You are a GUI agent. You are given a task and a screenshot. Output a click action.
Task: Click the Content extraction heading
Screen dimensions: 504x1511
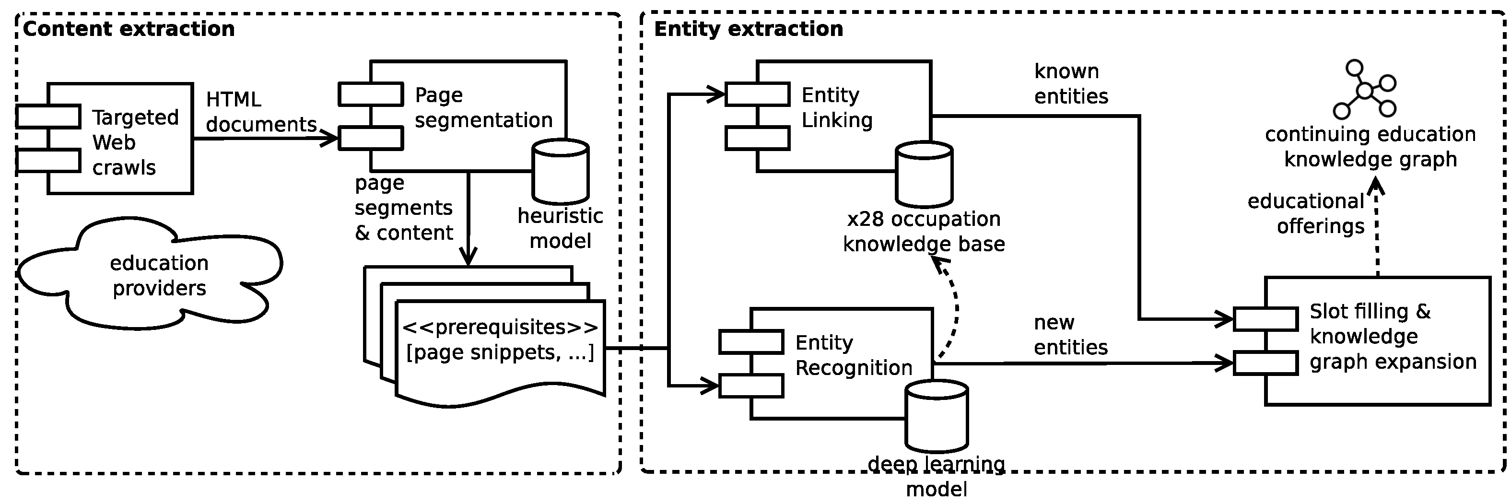[x=129, y=29]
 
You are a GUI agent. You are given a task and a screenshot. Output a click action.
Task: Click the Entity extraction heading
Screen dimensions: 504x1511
[x=749, y=29]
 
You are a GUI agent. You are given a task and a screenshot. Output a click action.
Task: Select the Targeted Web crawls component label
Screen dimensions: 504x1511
[x=135, y=142]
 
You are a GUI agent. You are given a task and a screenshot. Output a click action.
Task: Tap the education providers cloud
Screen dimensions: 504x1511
[x=159, y=275]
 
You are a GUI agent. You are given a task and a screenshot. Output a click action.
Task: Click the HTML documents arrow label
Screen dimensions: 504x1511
[x=260, y=112]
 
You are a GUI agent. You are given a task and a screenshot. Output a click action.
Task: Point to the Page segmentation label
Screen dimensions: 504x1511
[x=483, y=107]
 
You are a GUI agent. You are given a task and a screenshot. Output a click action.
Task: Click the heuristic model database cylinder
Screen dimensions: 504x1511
[x=560, y=171]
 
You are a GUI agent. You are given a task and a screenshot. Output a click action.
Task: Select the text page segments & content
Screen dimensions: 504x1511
[x=404, y=208]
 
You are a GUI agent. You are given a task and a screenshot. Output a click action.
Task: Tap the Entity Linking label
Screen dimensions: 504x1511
[x=836, y=107]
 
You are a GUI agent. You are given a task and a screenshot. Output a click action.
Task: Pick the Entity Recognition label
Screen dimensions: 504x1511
[x=854, y=355]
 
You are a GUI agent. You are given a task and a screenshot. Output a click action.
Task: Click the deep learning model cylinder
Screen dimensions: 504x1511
[x=936, y=415]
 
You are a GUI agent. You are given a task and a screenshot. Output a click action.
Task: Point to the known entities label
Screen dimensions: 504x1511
[x=1070, y=84]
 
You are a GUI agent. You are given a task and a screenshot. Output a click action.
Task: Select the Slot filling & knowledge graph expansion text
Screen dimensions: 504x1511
[x=1393, y=337]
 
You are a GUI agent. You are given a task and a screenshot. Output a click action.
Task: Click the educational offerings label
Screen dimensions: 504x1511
[x=1306, y=213]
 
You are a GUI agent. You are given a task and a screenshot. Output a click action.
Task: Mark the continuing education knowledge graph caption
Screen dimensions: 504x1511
[x=1370, y=147]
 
